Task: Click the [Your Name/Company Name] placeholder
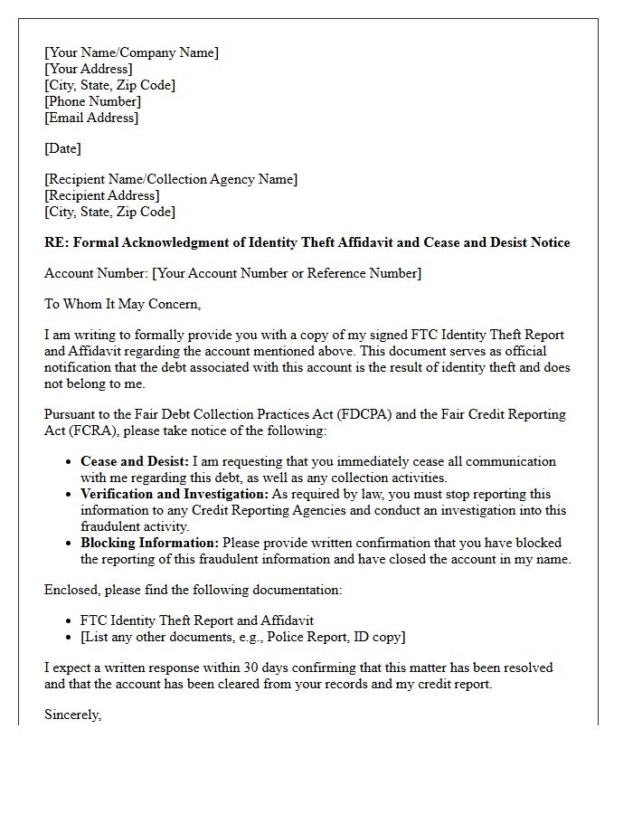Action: click(x=131, y=52)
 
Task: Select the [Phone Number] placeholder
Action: click(x=92, y=101)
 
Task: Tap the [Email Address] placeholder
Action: click(x=91, y=118)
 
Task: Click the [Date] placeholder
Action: click(x=62, y=148)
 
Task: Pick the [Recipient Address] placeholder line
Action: click(x=101, y=195)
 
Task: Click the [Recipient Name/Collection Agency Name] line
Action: click(x=171, y=179)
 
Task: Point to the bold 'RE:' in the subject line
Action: click(x=56, y=242)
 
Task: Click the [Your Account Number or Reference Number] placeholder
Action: click(x=287, y=273)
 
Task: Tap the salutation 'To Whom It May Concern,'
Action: click(x=122, y=304)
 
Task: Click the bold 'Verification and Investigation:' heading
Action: click(x=175, y=494)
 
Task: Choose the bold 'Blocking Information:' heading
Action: click(x=149, y=543)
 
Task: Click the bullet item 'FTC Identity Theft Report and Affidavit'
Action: click(x=197, y=620)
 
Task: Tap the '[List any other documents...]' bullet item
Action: click(x=242, y=637)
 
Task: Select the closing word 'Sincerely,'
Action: click(x=73, y=715)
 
